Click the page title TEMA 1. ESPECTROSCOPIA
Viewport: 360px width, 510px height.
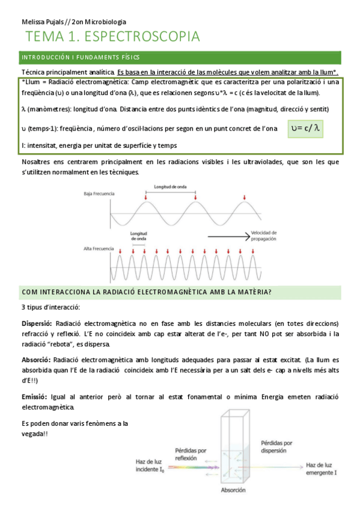point(112,37)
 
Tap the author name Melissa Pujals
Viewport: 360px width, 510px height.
point(40,22)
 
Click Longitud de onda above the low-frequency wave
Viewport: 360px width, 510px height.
point(170,187)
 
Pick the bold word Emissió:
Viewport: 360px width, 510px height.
point(35,397)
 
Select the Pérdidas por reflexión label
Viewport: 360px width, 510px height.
point(191,453)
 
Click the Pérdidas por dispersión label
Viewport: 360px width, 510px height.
point(276,446)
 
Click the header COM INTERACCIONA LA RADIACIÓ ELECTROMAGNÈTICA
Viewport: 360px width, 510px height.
point(146,292)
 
